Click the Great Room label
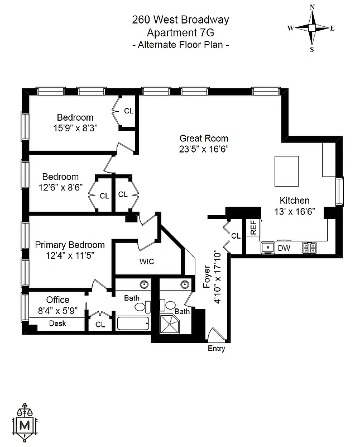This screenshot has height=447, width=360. (204, 139)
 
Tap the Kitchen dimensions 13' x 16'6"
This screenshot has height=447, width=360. (295, 211)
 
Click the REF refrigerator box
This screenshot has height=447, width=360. (253, 227)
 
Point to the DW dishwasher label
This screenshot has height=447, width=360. (284, 248)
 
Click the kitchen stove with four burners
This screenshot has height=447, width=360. (309, 247)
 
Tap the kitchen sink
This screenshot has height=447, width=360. (267, 247)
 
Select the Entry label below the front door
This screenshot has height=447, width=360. (216, 349)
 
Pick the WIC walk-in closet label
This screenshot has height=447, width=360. (147, 261)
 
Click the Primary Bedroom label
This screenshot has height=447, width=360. (70, 245)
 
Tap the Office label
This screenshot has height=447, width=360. (57, 300)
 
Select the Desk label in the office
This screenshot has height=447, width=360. (57, 324)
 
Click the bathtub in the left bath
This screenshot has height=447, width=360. (133, 324)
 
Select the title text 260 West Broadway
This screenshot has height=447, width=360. (180, 20)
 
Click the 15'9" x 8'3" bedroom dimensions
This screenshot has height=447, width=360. (75, 128)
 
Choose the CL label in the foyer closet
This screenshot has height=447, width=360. (236, 236)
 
